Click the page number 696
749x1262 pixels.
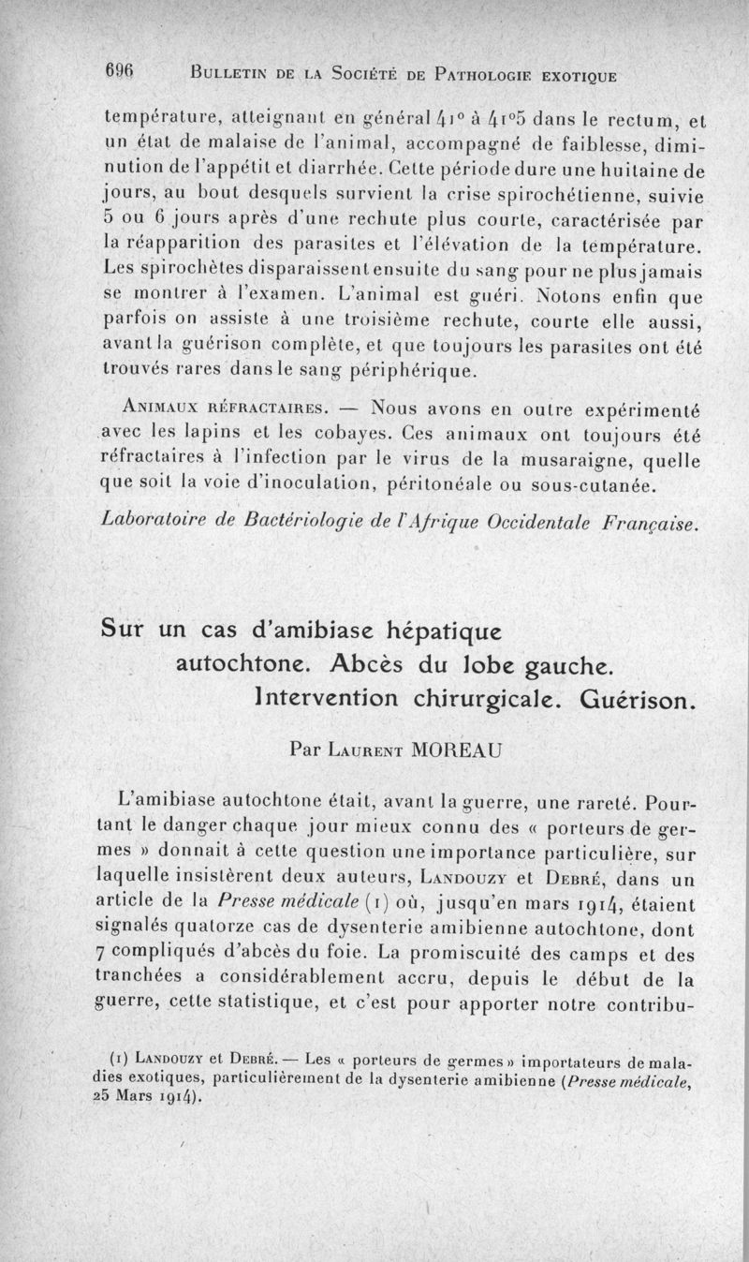(x=122, y=70)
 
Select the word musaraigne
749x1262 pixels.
(x=566, y=460)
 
